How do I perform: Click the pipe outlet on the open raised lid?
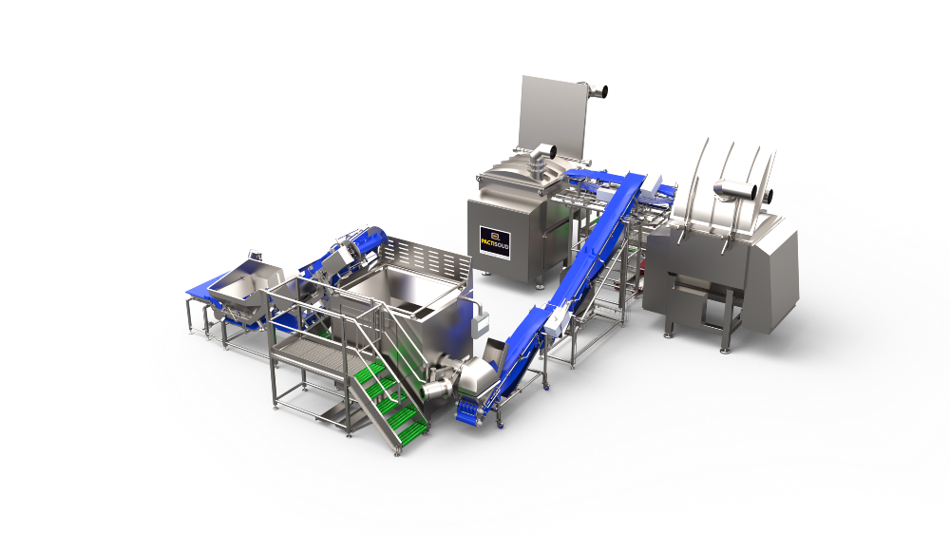coord(598,92)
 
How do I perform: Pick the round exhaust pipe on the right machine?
coord(737,191)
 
